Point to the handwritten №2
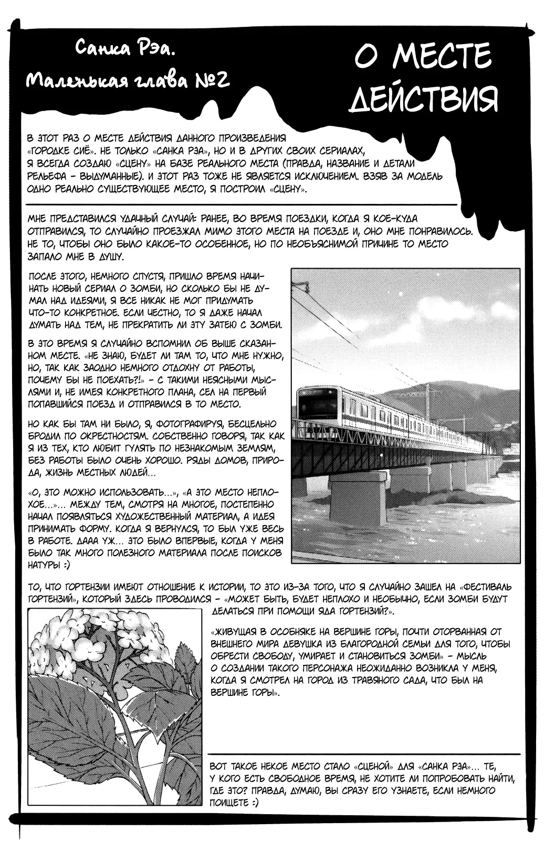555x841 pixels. coord(210,81)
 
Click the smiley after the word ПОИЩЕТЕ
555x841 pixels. coord(253,803)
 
